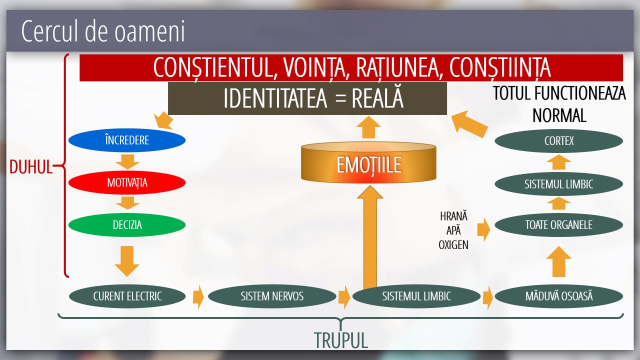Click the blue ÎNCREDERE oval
[x=126, y=140]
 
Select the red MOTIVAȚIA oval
[x=126, y=182]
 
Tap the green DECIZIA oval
[x=126, y=225]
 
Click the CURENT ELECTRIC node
[x=127, y=296]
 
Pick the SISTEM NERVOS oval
[x=272, y=296]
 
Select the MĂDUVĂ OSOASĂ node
[x=558, y=296]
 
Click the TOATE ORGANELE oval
[x=558, y=225]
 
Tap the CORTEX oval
[x=558, y=141]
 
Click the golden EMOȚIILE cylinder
[x=368, y=164]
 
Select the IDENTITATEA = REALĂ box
[x=307, y=98]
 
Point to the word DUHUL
[x=31, y=167]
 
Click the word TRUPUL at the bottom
[x=341, y=340]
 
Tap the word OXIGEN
[x=453, y=245]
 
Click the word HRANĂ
[x=453, y=216]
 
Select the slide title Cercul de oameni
[x=103, y=31]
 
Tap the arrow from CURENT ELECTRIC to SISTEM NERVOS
[x=198, y=296]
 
